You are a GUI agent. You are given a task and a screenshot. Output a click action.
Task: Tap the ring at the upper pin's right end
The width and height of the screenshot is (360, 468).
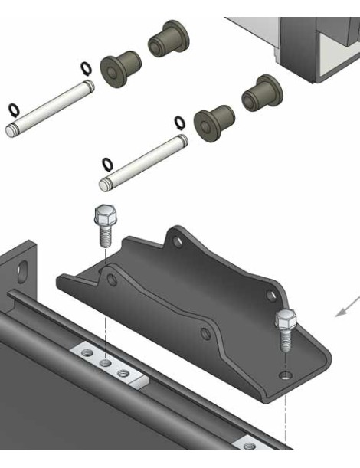coord(86,69)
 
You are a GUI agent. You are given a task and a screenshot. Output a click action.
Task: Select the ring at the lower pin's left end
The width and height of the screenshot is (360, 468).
coord(108,162)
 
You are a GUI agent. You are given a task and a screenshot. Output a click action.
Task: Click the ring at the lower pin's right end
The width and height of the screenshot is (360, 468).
coord(179,122)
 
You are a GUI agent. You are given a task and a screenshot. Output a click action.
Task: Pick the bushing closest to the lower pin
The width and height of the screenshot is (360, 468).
coord(213,120)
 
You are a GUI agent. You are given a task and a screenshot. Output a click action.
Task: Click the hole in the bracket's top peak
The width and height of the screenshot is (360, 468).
coord(178,241)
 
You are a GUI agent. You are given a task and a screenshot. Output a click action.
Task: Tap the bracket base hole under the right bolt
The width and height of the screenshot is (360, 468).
coord(285,375)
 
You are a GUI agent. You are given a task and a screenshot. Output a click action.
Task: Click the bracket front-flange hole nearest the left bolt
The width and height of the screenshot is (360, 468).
coord(112,280)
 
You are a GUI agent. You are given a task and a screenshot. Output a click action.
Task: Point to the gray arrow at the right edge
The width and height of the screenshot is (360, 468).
coord(346,307)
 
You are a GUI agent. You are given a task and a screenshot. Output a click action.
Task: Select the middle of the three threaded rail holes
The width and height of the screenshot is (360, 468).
coord(105,362)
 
